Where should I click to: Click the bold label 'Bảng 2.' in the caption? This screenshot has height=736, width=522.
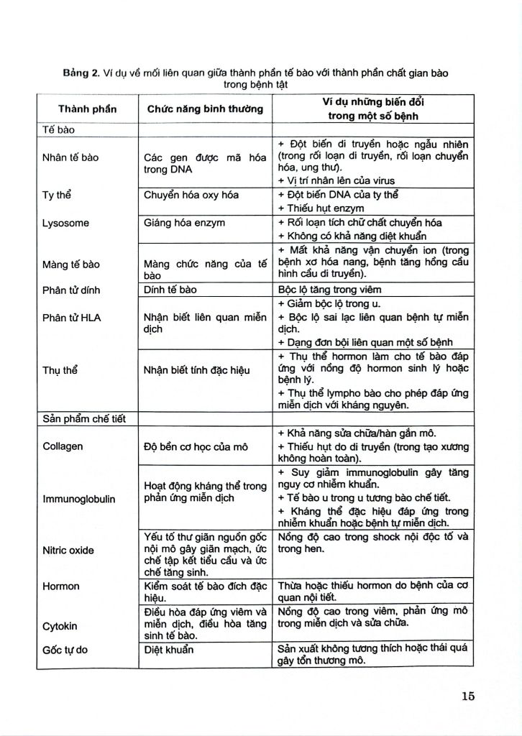click(81, 73)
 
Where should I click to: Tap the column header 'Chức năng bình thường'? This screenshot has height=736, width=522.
click(205, 109)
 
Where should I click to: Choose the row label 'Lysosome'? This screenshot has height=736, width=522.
click(66, 223)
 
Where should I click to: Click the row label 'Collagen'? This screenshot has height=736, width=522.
click(63, 446)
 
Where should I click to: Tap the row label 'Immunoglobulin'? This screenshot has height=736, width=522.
click(79, 497)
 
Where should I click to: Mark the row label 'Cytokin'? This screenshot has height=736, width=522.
click(60, 625)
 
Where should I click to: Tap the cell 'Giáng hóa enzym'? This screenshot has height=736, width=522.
click(185, 223)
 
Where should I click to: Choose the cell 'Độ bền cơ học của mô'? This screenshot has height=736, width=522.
click(196, 446)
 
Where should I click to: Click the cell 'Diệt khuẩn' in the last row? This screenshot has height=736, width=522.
click(169, 648)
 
